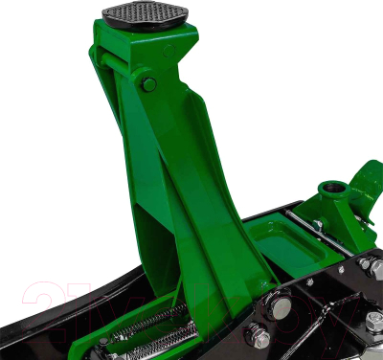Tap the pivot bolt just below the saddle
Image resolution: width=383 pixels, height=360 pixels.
(x=149, y=84)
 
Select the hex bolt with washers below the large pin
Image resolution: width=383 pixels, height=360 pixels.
(x=258, y=335)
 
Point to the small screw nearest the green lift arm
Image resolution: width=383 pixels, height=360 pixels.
(x=264, y=284)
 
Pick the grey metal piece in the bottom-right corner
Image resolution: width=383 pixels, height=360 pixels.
(x=370, y=347)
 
